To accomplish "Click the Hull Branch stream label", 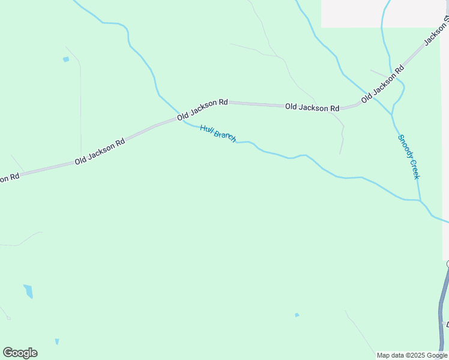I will [x=218, y=133].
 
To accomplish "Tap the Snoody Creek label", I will [x=408, y=156].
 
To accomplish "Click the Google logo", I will [x=20, y=353].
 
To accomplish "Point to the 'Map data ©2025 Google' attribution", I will [x=412, y=355].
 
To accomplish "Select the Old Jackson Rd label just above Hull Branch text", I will [x=202, y=110].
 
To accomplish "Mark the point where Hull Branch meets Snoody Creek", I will [x=420, y=200].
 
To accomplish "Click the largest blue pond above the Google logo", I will [x=28, y=292].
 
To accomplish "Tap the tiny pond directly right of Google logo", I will [x=57, y=341].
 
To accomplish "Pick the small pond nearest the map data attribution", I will [x=297, y=315].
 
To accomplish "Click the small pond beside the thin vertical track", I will [x=65, y=59].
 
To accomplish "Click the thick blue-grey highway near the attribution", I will [x=443, y=306].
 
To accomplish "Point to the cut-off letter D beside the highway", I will [x=447, y=325].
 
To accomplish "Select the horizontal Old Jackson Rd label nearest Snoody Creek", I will [x=312, y=107].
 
